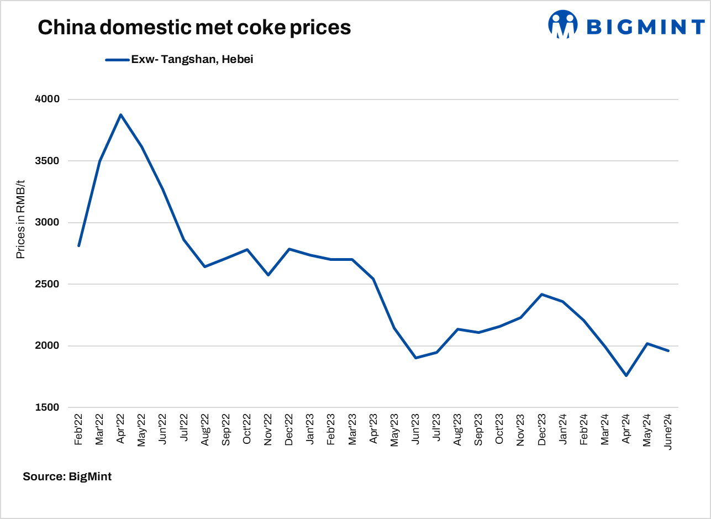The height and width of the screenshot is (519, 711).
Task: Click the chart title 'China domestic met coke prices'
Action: click(194, 27)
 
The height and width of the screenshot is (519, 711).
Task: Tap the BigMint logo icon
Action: click(562, 24)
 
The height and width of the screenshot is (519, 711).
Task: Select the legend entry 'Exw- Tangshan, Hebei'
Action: click(192, 60)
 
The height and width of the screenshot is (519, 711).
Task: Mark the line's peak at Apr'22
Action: click(121, 115)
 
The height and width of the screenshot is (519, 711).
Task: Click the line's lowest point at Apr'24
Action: click(626, 376)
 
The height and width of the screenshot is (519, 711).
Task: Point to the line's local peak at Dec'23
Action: click(542, 294)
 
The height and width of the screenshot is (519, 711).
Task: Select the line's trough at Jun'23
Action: click(415, 358)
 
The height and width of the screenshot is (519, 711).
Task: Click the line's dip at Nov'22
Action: click(268, 275)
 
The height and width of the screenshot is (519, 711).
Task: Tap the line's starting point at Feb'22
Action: click(78, 246)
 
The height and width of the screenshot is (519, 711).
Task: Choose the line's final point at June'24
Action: click(668, 350)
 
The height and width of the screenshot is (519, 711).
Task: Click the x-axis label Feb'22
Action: click(78, 429)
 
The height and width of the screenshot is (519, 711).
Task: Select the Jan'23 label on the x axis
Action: click(310, 429)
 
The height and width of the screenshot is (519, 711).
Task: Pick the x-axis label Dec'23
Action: click(542, 429)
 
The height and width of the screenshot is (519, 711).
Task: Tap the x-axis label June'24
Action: click(668, 431)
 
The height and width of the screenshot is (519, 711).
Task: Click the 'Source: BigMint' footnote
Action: click(67, 476)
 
